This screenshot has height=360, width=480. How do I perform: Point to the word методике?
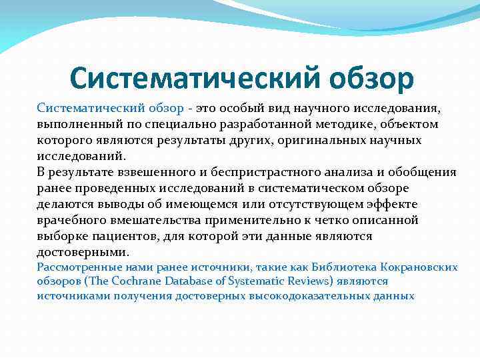[318, 124]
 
